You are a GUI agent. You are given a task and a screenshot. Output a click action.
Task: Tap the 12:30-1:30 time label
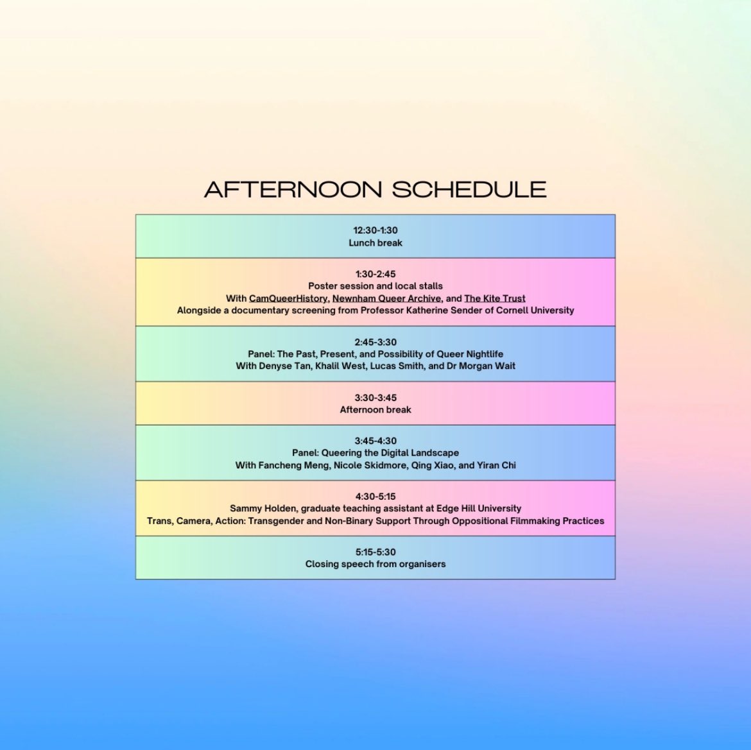coord(376,230)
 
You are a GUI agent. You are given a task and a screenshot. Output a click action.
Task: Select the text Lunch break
coord(376,243)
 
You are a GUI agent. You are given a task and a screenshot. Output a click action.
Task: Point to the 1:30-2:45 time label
coord(376,274)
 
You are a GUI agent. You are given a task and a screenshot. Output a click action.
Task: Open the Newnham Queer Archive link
coord(386,298)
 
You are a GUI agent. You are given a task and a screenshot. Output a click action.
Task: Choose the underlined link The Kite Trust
coord(495,298)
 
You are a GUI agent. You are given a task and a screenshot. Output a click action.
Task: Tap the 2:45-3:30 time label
coord(376,342)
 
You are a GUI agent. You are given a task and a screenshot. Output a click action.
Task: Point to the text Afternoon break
coord(376,409)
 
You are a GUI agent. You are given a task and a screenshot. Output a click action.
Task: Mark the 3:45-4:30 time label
coord(376,441)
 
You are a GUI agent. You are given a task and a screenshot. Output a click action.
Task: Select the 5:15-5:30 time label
coord(376,552)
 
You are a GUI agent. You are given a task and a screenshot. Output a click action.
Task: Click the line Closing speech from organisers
coord(376,564)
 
